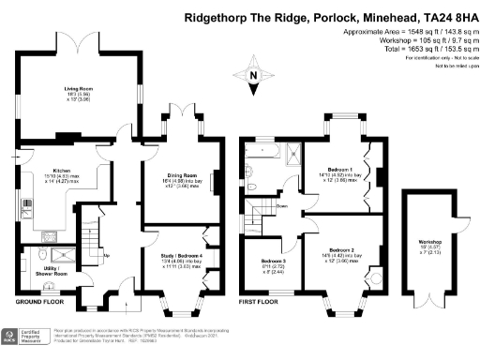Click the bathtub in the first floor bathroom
(x=261, y=149)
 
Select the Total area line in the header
(x=422, y=47)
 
